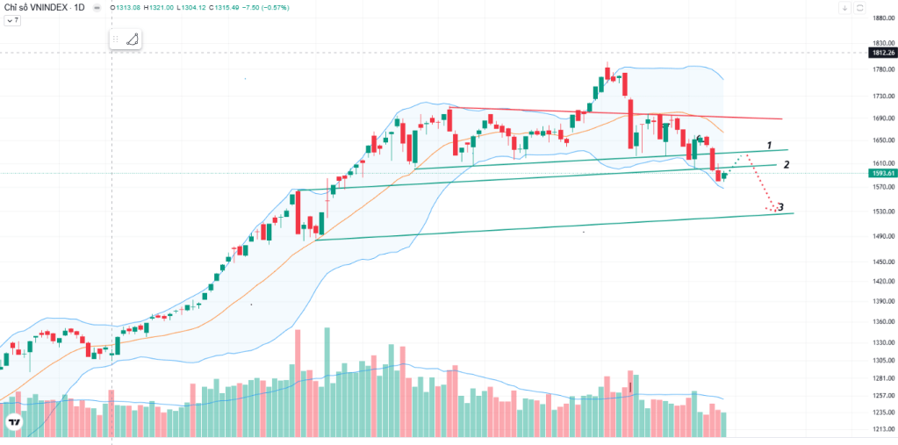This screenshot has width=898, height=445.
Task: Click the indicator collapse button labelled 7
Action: coord(12,20)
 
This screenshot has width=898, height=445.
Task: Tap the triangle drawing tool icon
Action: coord(133,39)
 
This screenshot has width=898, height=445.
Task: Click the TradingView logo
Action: coord(14,423)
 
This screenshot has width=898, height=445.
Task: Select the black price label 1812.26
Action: coord(883,53)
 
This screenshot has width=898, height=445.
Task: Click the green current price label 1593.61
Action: coord(883,173)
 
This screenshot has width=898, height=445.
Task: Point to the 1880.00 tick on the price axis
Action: coord(883,18)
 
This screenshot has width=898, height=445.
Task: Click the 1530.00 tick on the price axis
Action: coord(883,212)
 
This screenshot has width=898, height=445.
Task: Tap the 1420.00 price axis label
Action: coord(883,281)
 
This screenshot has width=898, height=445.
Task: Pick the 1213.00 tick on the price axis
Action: coord(883,429)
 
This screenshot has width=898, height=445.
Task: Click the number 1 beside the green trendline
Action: coord(771,144)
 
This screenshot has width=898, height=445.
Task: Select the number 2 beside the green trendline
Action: coord(787,164)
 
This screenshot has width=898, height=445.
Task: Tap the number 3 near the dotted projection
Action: coord(780,207)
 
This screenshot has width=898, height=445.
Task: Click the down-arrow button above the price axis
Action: coord(844,8)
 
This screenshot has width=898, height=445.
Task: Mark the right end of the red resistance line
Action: coord(782,119)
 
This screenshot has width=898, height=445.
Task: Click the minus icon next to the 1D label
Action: coord(97,8)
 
